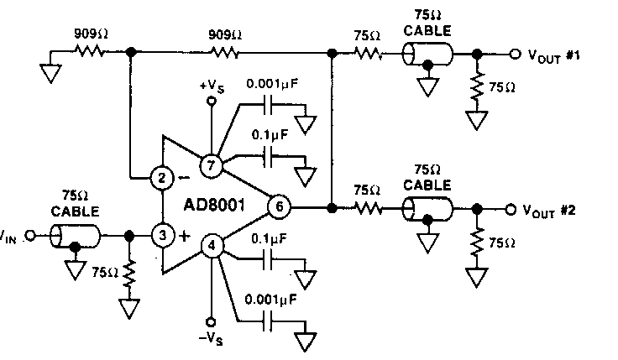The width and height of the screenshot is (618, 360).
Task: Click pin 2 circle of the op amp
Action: tap(160, 177)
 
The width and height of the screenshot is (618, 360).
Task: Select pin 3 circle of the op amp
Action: tap(160, 234)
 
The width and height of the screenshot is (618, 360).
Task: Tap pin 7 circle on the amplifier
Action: tap(211, 164)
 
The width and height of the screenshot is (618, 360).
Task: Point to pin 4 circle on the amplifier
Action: tap(211, 247)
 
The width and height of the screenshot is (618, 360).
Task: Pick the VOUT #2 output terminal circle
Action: tap(512, 208)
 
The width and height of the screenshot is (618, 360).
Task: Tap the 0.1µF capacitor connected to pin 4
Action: tap(272, 260)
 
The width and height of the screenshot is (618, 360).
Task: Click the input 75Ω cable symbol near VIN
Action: tap(76, 236)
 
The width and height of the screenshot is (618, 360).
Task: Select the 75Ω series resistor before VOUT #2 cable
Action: tap(367, 208)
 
